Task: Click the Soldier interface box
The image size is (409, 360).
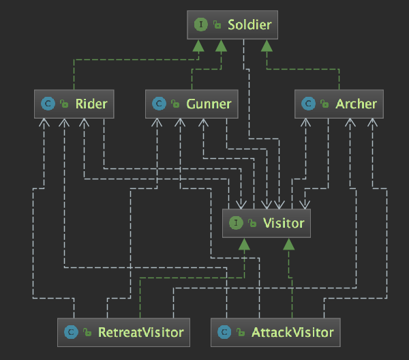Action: coord(232,25)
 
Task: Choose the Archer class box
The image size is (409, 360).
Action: coord(338,104)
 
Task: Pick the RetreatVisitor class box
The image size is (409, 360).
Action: coord(123,332)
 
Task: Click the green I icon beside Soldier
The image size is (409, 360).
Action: coord(200,25)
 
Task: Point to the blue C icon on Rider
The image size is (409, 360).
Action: coord(48,104)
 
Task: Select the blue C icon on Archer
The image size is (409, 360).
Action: coord(308,104)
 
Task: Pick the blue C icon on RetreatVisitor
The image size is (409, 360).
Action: coord(70,332)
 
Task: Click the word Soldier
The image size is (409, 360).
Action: coord(249,25)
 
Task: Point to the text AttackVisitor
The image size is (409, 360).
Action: coord(292,332)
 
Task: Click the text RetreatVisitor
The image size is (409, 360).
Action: coord(141,332)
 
